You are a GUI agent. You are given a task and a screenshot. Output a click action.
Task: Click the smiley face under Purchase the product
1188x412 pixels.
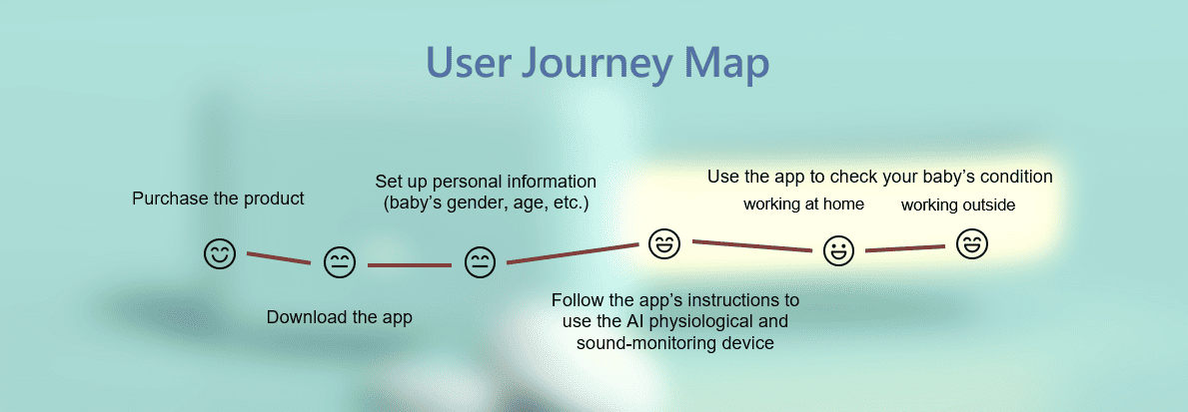pyautogui.click(x=220, y=253)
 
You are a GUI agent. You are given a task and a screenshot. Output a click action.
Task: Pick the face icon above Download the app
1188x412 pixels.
pyautogui.click(x=340, y=262)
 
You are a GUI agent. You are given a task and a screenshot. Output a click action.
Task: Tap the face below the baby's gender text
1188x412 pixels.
pyautogui.click(x=480, y=262)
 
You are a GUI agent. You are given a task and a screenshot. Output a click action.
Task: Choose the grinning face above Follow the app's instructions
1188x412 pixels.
pyautogui.click(x=664, y=243)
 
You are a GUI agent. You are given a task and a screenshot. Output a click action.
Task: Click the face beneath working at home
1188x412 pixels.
pyautogui.click(x=838, y=250)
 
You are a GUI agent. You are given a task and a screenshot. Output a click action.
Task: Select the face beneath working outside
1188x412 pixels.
pyautogui.click(x=972, y=244)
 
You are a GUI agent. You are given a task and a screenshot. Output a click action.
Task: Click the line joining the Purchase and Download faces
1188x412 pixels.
pyautogui.click(x=279, y=257)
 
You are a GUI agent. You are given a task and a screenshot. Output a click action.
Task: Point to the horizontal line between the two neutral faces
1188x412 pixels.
pyautogui.click(x=409, y=265)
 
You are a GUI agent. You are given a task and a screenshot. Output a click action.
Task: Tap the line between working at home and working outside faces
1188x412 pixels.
pyautogui.click(x=905, y=248)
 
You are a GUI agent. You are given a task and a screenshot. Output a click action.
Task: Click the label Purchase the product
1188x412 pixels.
pyautogui.click(x=218, y=199)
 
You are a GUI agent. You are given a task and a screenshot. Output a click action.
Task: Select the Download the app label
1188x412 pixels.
pyautogui.click(x=340, y=317)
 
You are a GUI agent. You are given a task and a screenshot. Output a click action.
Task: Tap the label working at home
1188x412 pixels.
pyautogui.click(x=804, y=205)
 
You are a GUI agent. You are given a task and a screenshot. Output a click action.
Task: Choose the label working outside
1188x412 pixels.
pyautogui.click(x=958, y=205)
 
